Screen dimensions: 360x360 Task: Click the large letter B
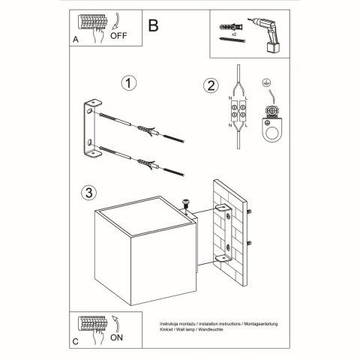[x=153, y=25]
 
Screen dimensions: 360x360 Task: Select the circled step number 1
[x=131, y=82]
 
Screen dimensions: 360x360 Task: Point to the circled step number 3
[x=88, y=193]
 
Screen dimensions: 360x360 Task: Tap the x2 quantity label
[x=235, y=35]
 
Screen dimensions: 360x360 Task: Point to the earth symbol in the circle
[x=265, y=84]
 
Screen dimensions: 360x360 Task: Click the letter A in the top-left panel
[x=76, y=40]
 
